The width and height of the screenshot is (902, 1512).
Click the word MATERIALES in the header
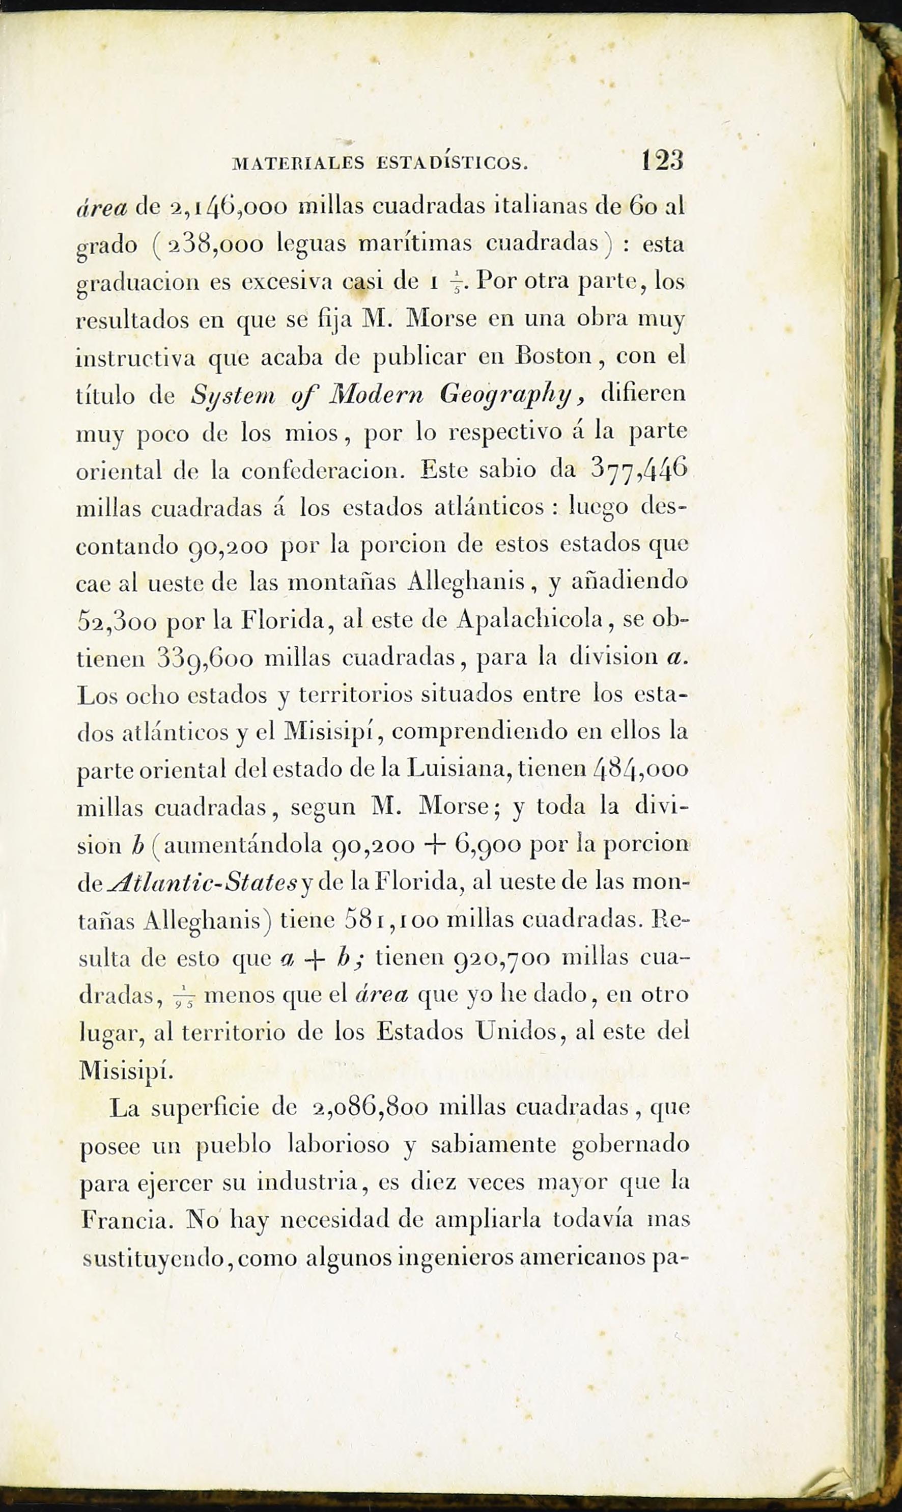click(298, 163)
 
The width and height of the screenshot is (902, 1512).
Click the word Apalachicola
click(529, 619)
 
